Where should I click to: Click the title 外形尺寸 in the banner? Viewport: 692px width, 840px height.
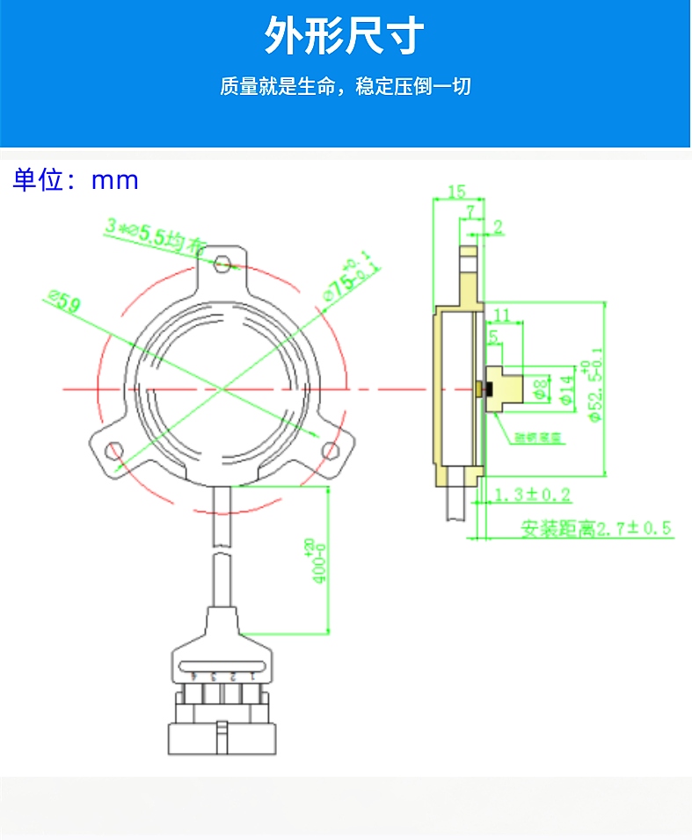tap(345, 37)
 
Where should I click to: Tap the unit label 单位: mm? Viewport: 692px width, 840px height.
tap(76, 180)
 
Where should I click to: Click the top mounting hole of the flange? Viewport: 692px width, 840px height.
tap(223, 263)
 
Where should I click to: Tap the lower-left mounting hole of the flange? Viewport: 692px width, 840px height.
tap(113, 451)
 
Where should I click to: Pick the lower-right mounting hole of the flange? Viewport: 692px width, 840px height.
tap(331, 451)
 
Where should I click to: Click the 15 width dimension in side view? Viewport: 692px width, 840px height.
tap(455, 192)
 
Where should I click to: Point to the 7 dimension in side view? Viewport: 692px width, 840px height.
tap(471, 212)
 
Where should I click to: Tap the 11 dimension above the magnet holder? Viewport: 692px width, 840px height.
tap(502, 315)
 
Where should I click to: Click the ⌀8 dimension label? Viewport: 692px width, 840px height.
tap(542, 387)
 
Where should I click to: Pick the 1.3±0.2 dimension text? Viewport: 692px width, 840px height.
tap(533, 495)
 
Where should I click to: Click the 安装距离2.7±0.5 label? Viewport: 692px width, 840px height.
tap(595, 529)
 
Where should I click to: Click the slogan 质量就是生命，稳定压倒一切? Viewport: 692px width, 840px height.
tap(345, 87)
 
